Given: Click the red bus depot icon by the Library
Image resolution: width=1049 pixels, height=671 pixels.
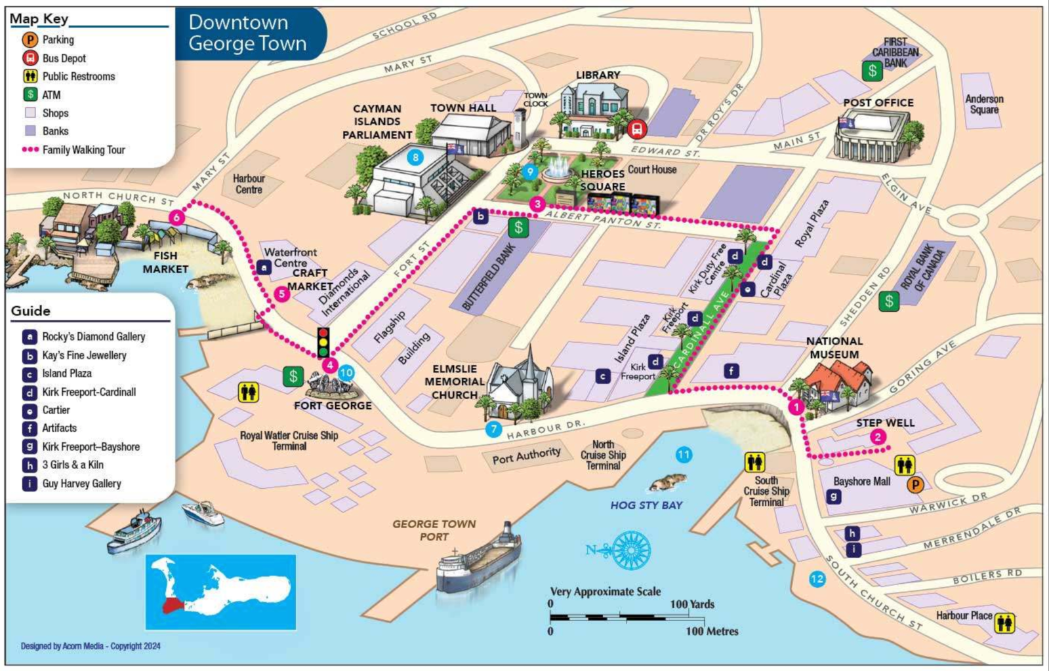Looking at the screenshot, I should click(636, 128).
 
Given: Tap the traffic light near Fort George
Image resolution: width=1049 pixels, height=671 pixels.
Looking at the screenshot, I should click(323, 342).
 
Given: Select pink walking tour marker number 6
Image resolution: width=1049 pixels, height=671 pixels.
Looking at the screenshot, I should click(176, 217).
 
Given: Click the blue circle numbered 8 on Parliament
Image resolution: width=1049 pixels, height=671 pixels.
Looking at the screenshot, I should click(415, 157).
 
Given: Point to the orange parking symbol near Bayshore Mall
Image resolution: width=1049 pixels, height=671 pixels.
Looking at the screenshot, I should click(915, 485).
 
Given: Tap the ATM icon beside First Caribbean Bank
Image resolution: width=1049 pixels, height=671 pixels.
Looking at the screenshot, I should click(872, 71).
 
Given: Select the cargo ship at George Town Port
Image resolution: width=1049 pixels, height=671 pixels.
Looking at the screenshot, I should click(479, 560).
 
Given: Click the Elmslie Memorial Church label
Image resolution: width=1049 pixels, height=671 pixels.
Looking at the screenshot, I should click(454, 381).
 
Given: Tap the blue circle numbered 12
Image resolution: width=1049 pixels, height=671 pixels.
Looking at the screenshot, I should click(817, 579).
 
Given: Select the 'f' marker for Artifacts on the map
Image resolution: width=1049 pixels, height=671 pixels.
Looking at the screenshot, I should click(731, 371).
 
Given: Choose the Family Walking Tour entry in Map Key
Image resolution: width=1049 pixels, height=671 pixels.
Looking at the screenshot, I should click(83, 149).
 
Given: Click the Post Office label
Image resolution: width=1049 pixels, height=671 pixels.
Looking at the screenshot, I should click(878, 103).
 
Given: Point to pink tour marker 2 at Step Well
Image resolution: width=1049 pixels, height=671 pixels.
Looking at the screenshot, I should click(878, 437).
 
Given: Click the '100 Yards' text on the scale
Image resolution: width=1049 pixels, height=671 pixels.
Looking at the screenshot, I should click(692, 604).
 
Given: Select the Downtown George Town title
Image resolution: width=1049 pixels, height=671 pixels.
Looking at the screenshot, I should click(247, 33).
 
